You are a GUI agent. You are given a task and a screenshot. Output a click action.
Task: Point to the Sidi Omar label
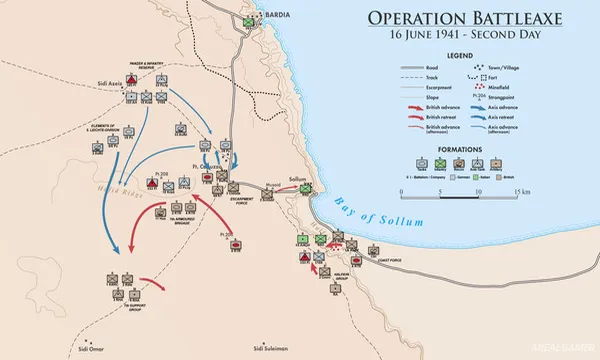(x=91, y=349)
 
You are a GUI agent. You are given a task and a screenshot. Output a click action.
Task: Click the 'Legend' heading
(x=461, y=57)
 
